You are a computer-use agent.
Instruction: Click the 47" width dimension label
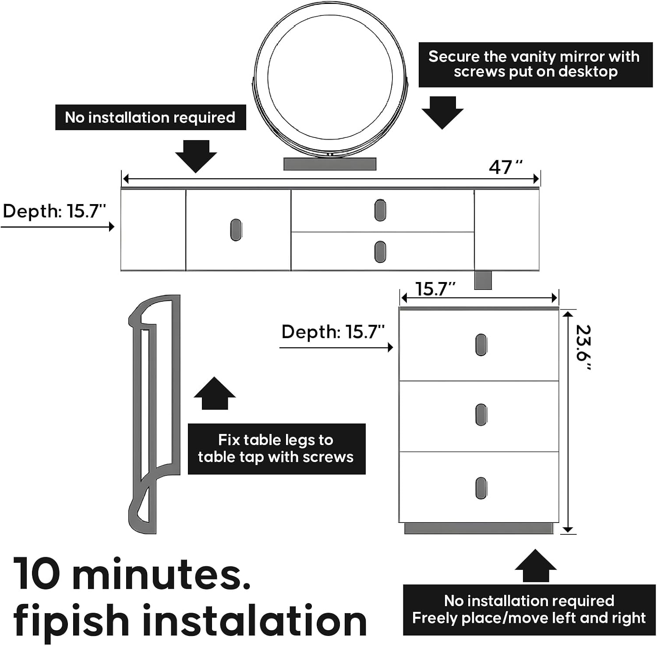[506, 167]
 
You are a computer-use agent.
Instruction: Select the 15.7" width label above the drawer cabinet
[435, 289]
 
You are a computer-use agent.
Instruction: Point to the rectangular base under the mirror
[330, 164]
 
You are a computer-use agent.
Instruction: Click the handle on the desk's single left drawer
[236, 230]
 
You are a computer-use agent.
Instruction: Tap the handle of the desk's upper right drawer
[380, 210]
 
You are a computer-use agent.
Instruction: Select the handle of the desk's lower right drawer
[380, 252]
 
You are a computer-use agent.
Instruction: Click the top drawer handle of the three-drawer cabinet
[481, 345]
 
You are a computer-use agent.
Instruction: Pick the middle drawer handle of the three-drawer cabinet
[481, 415]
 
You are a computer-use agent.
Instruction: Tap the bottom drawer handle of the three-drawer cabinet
[481, 488]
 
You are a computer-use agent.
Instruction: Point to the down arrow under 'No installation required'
[196, 156]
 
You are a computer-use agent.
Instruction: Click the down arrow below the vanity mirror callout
[442, 113]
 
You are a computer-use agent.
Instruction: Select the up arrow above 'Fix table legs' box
[215, 393]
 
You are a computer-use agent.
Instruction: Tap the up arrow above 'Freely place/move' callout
[536, 566]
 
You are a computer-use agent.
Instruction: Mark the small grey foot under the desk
[483, 280]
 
